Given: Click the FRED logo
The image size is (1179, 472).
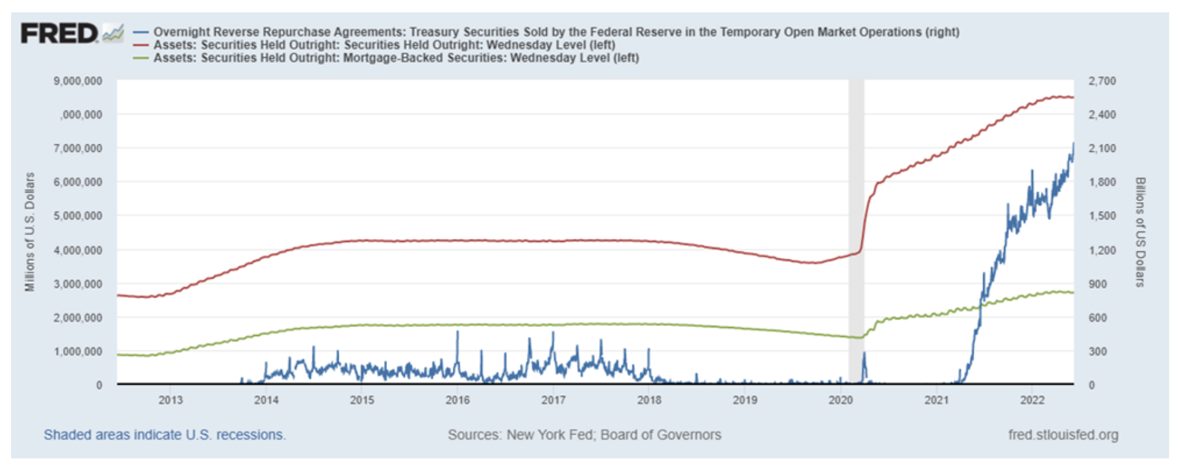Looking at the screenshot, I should tap(60, 33).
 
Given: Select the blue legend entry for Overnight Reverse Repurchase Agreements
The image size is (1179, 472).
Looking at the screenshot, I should tap(556, 32).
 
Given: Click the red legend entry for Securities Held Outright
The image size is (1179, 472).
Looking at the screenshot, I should tap(384, 45).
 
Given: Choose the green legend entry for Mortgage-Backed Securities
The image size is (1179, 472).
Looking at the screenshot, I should tap(396, 58).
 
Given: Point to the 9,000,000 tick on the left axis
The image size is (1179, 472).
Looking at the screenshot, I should tap(78, 81).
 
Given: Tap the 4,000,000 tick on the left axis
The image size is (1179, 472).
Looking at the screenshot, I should tap(78, 250).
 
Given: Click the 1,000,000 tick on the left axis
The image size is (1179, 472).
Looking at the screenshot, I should tap(78, 351).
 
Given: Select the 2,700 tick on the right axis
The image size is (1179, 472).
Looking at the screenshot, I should tap(1102, 81).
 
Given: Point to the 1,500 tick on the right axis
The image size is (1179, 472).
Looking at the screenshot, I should tap(1102, 216).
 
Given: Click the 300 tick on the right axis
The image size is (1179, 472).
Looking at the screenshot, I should tap(1098, 351).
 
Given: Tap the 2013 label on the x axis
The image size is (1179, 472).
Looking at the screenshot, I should tap(170, 400).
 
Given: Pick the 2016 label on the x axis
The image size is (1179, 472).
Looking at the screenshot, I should tap(458, 400).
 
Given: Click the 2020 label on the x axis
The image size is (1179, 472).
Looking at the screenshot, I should tap(841, 400).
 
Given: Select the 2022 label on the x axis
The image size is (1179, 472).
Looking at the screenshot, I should tap(1032, 400).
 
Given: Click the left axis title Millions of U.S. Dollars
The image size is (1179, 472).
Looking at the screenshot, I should tap(30, 232).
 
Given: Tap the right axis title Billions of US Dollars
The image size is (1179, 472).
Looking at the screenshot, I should tap(1140, 232).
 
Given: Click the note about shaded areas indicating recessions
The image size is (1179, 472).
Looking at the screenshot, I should tap(165, 435).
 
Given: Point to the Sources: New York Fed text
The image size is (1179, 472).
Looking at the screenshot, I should tap(585, 435).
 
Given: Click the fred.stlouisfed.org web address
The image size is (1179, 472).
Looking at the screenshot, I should tap(1063, 435).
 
